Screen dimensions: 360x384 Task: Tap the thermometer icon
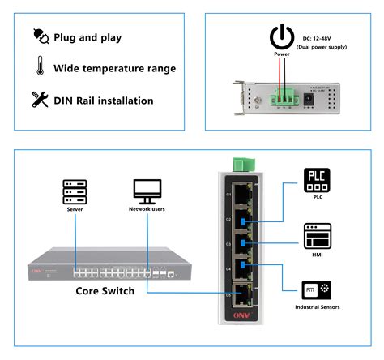pyautogui.click(x=39, y=68)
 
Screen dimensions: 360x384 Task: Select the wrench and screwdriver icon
pyautogui.click(x=39, y=101)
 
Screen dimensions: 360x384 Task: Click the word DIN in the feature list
pyautogui.click(x=67, y=101)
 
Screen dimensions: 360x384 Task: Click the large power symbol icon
pyautogui.click(x=281, y=36)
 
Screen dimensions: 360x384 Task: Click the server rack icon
pyautogui.click(x=75, y=192)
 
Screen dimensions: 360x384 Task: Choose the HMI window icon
pyautogui.click(x=317, y=236)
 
